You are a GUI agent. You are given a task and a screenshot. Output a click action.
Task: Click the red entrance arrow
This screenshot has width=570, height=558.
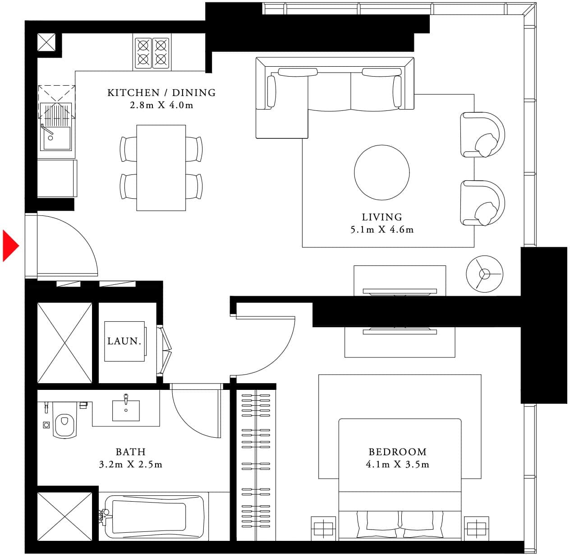tap(10, 246)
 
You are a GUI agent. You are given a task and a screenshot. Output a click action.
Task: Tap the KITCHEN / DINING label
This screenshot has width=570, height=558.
tap(161, 93)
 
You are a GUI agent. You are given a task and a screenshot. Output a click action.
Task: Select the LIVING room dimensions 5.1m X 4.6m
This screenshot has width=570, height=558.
tap(382, 229)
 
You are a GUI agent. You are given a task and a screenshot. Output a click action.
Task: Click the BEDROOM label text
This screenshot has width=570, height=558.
tap(397, 452)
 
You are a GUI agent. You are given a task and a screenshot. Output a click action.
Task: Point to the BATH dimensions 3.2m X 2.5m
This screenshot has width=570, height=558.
tap(130, 464)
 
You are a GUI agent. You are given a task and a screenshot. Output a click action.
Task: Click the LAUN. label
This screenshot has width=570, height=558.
tap(124, 341)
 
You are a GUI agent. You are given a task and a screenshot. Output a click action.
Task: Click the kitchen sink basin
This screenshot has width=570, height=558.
tap(56, 138)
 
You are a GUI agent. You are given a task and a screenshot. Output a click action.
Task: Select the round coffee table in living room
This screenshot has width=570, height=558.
tap(382, 172)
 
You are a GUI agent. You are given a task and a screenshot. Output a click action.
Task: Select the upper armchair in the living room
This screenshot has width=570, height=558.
tap(482, 134)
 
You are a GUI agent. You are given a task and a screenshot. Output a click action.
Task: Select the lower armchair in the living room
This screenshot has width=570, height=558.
tap(482, 203)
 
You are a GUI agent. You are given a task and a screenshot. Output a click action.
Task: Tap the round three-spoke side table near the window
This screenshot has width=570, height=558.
tap(484, 273)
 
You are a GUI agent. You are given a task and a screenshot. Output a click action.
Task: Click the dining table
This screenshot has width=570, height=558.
tap(161, 168)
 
